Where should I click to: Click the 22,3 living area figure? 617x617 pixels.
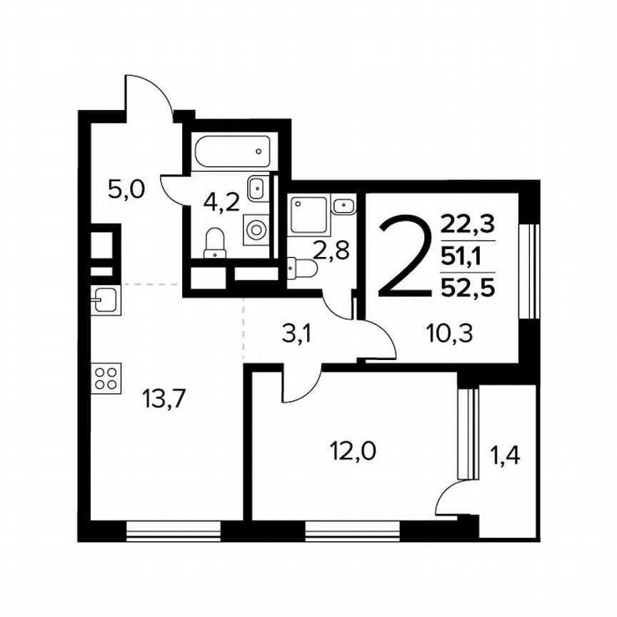pyautogui.click(x=468, y=225)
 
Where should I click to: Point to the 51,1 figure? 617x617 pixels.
pyautogui.click(x=468, y=256)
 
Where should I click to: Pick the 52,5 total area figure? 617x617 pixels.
pyautogui.click(x=468, y=287)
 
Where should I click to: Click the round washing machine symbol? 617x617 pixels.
pyautogui.click(x=256, y=229)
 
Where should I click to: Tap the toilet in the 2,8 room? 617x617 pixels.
pyautogui.click(x=303, y=269)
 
